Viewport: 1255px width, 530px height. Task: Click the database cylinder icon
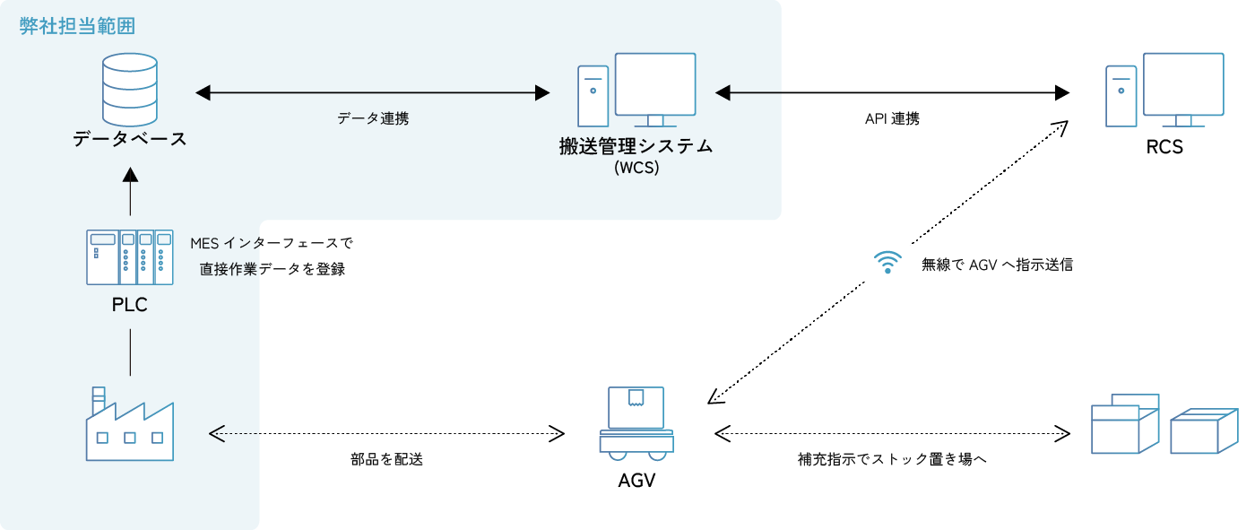click(130, 91)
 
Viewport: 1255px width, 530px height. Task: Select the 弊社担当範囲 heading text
click(78, 26)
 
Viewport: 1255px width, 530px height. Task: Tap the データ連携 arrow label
click(373, 118)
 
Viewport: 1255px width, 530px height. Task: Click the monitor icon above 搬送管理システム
click(654, 89)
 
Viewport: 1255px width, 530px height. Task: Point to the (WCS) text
click(636, 168)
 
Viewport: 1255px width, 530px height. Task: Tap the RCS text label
click(1164, 147)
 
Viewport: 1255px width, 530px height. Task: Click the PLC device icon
click(130, 256)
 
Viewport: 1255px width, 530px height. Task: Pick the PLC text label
click(130, 305)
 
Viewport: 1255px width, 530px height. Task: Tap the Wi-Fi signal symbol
click(887, 263)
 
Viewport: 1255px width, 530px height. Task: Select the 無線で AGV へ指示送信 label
click(997, 265)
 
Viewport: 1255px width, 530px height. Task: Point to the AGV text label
click(636, 480)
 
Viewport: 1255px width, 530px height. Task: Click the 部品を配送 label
click(386, 460)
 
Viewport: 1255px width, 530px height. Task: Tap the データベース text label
click(130, 139)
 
